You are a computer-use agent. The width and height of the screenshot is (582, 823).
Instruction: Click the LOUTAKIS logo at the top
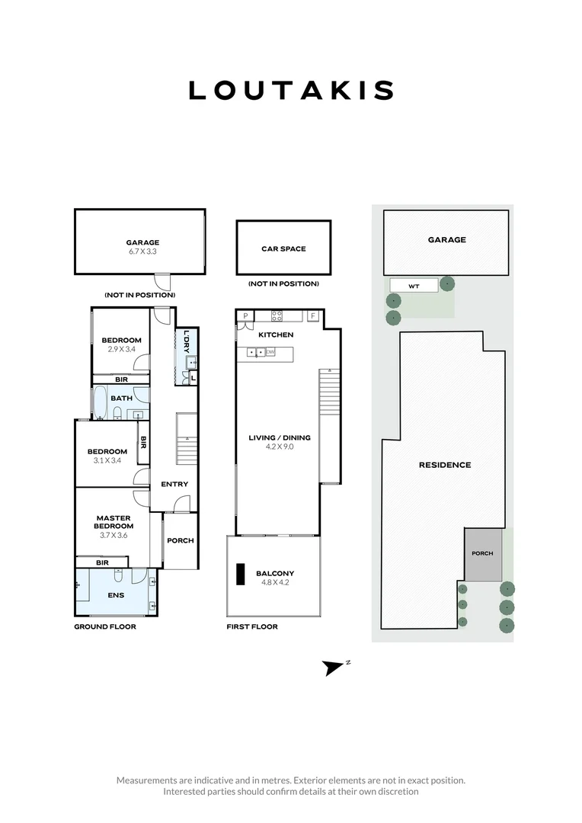click(x=291, y=90)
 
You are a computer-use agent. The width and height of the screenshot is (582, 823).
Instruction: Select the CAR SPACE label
click(x=283, y=248)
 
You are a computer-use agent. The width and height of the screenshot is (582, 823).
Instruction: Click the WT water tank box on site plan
click(x=414, y=286)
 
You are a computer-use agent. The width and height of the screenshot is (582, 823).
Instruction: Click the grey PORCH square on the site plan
click(x=483, y=554)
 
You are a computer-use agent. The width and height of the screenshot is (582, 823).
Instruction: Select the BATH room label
click(x=121, y=398)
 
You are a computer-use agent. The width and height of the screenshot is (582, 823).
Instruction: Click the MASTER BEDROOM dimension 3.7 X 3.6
click(x=113, y=535)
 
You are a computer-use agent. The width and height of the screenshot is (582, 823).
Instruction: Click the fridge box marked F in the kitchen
click(x=312, y=315)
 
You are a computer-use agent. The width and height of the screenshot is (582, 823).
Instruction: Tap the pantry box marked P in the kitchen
click(x=245, y=315)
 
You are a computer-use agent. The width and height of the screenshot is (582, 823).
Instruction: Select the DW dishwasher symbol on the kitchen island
click(x=270, y=352)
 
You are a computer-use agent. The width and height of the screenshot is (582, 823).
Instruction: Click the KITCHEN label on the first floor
click(x=276, y=335)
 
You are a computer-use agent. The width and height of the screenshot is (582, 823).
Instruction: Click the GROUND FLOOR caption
click(x=104, y=626)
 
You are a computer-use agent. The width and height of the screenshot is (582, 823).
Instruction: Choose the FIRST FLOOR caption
click(x=252, y=626)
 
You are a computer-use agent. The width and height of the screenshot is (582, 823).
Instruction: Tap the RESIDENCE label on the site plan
click(x=444, y=465)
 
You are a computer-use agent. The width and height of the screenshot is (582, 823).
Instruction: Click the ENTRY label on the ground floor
click(x=174, y=484)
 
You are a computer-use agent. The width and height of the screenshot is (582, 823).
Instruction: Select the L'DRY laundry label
click(x=187, y=340)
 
